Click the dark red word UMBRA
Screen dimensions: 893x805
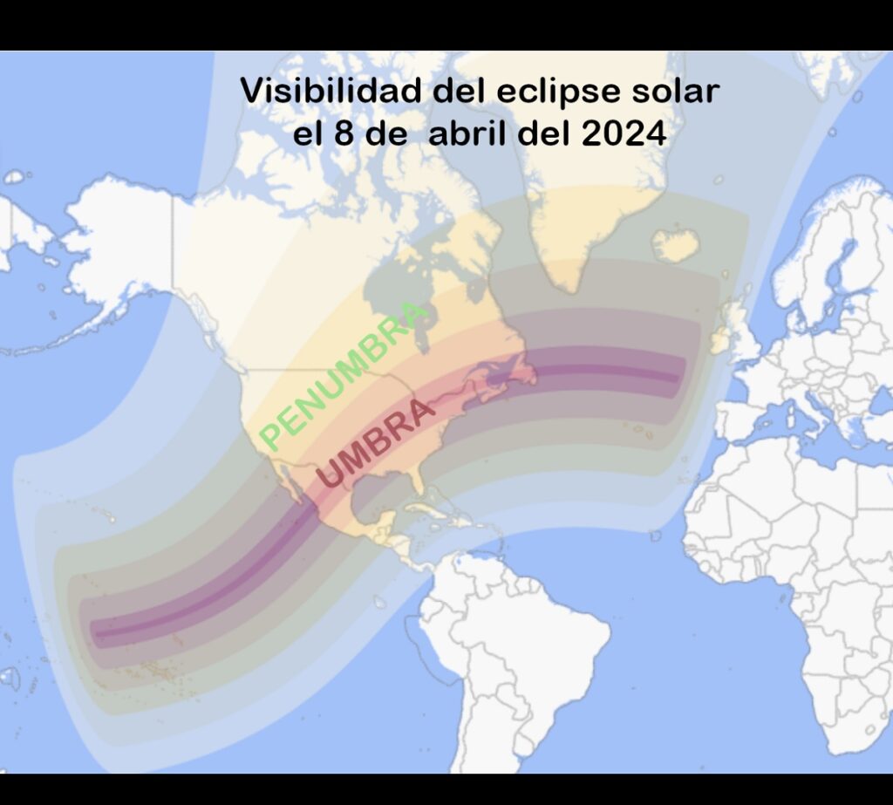[x=376, y=444]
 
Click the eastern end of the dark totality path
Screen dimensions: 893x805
[x=677, y=378]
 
